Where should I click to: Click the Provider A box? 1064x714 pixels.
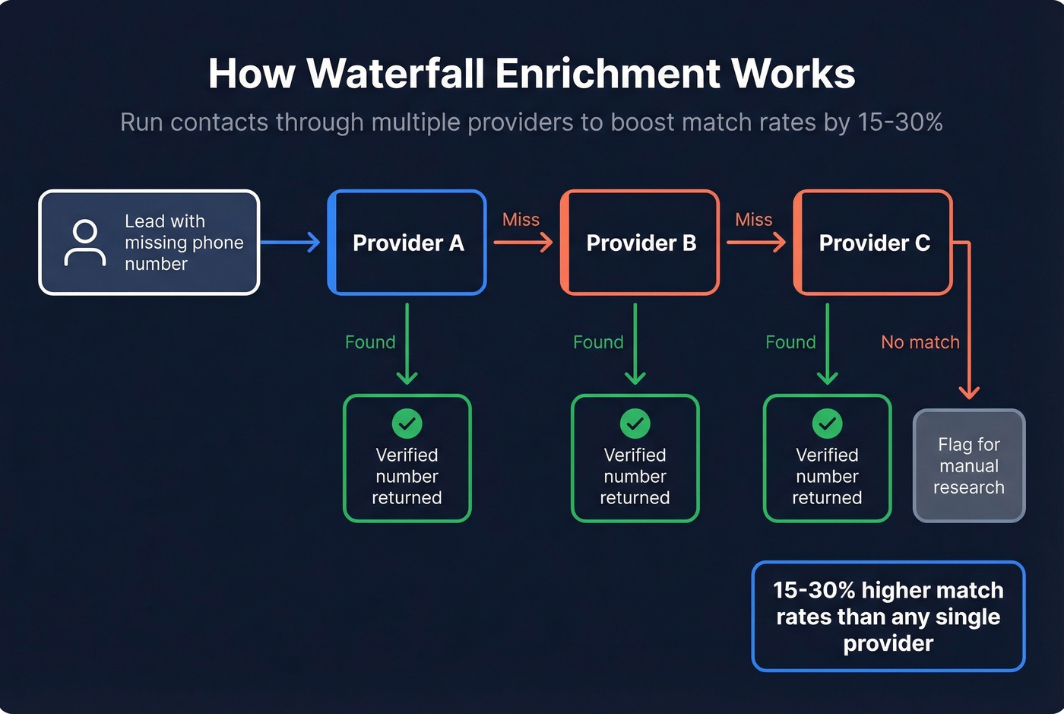pos(407,243)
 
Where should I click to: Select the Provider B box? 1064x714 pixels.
pos(640,243)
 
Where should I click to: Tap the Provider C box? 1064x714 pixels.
pos(873,243)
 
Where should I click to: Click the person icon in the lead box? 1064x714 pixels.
pos(85,243)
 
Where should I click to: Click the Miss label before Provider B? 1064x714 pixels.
pos(521,220)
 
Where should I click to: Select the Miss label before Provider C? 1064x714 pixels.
pos(753,220)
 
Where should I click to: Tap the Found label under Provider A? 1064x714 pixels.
pos(370,342)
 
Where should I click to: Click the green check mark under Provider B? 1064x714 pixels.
pos(635,424)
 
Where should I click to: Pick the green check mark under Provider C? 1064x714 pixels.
pos(827,424)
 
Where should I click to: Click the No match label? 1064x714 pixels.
pos(920,342)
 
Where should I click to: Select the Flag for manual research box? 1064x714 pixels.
pos(969,465)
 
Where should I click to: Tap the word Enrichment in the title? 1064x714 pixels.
pos(607,74)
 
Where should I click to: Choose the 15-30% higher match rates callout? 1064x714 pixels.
pos(888,617)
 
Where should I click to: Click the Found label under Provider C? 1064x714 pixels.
pos(790,342)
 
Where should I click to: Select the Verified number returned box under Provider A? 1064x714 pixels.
pos(407,459)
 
